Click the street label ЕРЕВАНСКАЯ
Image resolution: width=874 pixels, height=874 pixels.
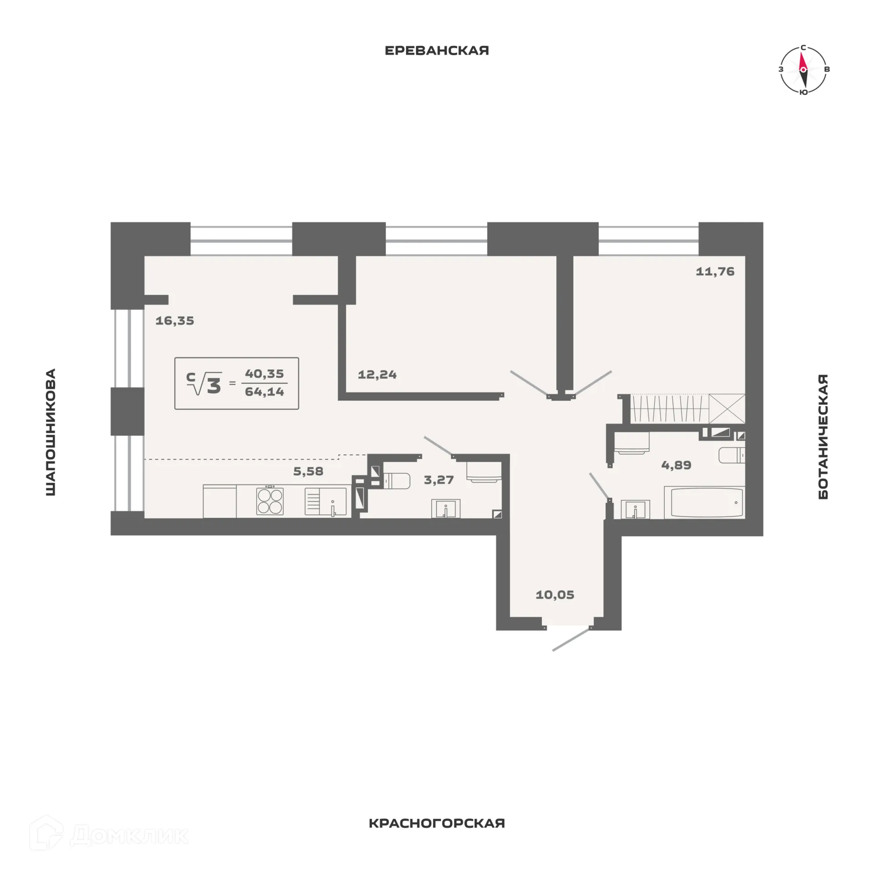tap(437, 51)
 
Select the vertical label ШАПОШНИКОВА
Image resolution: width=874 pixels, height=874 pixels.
tap(51, 432)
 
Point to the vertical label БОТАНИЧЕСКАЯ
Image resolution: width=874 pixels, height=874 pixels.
tap(823, 437)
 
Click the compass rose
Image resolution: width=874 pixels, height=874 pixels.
tap(803, 69)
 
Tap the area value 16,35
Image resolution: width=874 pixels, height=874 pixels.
tap(175, 320)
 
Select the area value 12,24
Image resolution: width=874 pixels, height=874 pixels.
tap(377, 375)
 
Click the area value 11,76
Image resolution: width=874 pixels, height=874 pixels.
tap(715, 271)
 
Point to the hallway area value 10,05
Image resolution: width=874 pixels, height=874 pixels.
tap(555, 595)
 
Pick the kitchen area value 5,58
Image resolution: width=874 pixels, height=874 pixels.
tap(308, 471)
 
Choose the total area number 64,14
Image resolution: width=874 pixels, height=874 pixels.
tap(264, 391)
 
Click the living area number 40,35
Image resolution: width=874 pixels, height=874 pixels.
tap(264, 374)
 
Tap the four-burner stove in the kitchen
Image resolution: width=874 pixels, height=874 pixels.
tap(270, 501)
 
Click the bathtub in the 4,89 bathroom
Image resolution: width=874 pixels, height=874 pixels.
tap(704, 503)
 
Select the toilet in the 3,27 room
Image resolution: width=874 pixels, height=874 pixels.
tap(396, 480)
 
